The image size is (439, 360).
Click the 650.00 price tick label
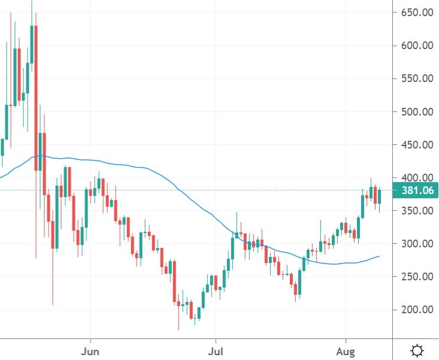click(416, 12)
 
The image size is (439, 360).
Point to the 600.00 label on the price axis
click(416, 46)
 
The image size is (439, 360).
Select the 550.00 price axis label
click(416, 78)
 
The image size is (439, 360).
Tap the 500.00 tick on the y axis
click(416, 111)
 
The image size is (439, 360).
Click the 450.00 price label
click(416, 144)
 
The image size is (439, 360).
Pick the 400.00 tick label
click(416, 178)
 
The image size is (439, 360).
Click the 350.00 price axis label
click(416, 211)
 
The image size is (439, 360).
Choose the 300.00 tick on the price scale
click(416, 244)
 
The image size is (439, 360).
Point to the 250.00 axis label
click(416, 277)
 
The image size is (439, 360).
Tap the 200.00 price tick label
click(416, 310)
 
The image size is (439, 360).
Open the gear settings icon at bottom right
click(417, 350)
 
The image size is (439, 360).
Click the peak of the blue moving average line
click(40, 155)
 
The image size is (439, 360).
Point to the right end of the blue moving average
click(379, 256)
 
